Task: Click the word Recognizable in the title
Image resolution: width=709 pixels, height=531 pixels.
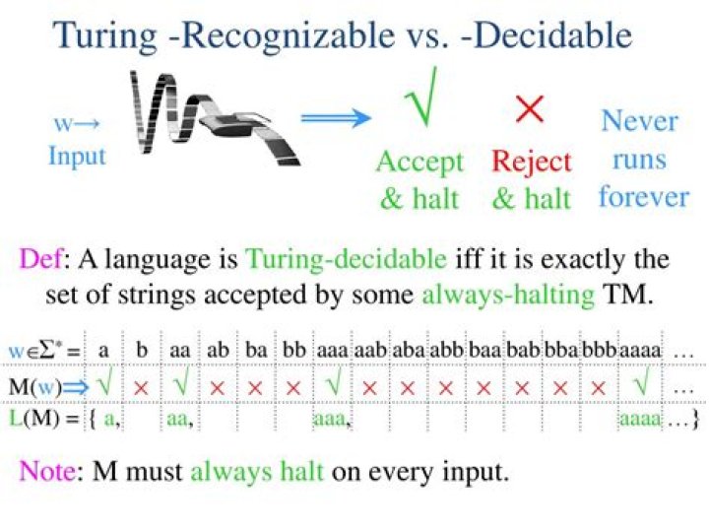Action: tap(289, 36)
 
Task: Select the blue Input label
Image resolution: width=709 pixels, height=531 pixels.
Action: tap(78, 157)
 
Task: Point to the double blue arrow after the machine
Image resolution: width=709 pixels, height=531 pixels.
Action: tap(336, 117)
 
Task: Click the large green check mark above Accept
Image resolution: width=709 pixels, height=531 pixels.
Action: tap(421, 97)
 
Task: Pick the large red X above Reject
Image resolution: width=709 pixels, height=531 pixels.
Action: tap(530, 109)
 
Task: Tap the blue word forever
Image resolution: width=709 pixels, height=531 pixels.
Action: tap(644, 197)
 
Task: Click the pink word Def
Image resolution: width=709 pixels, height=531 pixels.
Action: tap(40, 259)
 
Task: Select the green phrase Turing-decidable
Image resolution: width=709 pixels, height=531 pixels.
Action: tap(346, 260)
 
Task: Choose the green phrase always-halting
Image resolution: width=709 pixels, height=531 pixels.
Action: tap(508, 296)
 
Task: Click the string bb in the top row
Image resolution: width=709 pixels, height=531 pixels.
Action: tap(294, 350)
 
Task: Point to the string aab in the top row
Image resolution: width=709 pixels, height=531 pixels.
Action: tap(370, 350)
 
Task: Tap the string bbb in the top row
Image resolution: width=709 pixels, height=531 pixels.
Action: tap(599, 350)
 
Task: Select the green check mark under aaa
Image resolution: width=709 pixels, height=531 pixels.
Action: tap(334, 381)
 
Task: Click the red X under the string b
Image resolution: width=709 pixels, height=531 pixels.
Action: tap(141, 387)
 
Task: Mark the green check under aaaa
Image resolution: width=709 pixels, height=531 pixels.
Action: tap(641, 381)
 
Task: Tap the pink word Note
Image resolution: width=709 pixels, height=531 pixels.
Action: tap(47, 471)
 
